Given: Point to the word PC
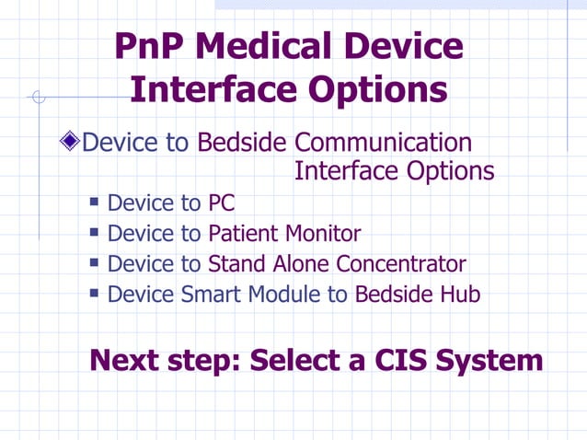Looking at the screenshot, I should coord(221,203).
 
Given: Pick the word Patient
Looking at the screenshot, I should coord(244,234).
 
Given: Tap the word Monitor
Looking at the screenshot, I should coord(322,234).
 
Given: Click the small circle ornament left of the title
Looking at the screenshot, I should coord(38,97).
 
